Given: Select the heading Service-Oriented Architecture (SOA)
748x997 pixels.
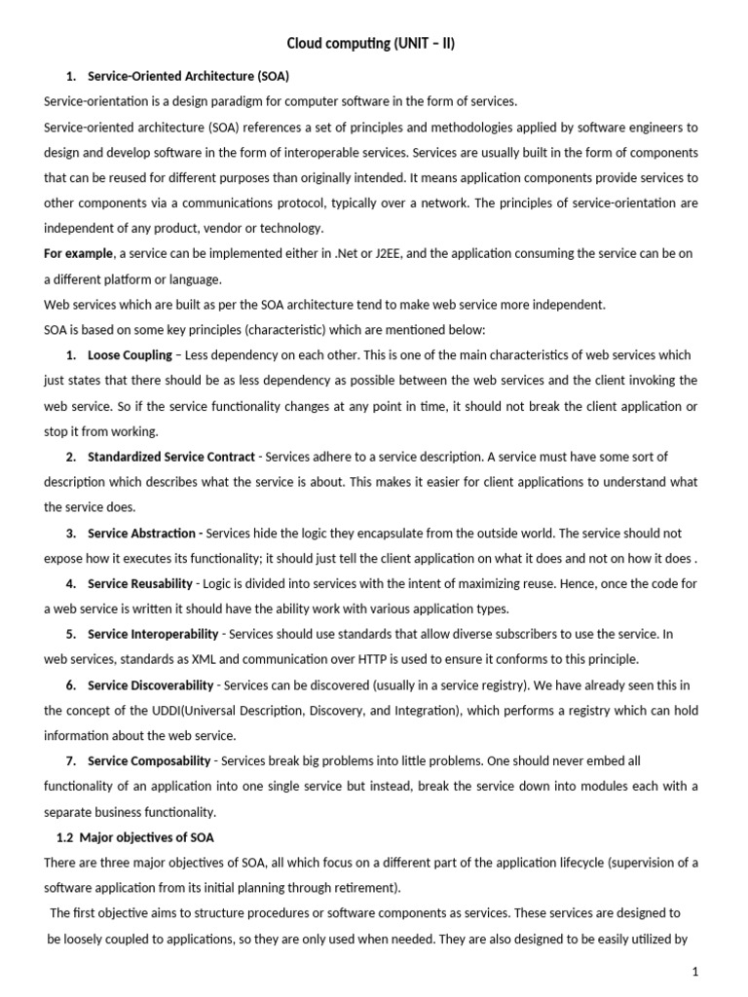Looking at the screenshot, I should [189, 76].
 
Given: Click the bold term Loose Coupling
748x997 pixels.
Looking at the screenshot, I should [130, 355].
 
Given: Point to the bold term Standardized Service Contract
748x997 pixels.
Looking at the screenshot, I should [171, 457].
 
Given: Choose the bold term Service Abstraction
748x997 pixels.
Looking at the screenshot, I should [144, 534].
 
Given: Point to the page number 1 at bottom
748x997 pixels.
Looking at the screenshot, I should [695, 972].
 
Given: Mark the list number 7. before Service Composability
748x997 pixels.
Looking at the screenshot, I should [71, 760].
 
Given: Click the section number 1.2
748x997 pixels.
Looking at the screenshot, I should [66, 837].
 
